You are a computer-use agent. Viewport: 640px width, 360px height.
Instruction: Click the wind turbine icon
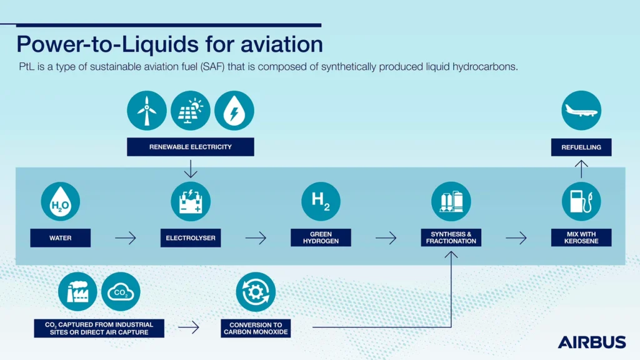click(x=146, y=111)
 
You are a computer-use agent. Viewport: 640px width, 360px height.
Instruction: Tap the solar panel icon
click(x=190, y=111)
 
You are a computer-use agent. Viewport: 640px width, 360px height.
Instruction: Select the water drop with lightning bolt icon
click(x=234, y=111)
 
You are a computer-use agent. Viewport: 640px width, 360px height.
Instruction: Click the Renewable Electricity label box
click(x=190, y=147)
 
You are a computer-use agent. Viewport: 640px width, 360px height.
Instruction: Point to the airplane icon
click(x=581, y=111)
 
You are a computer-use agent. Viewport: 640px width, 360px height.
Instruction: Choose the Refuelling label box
click(x=581, y=147)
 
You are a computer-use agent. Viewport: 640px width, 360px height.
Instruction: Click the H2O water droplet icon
click(x=61, y=202)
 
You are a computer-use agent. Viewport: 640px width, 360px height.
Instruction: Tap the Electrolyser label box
click(x=191, y=238)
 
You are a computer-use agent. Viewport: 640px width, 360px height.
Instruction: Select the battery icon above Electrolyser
click(x=191, y=202)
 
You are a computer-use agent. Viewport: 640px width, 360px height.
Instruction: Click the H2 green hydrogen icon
click(x=321, y=202)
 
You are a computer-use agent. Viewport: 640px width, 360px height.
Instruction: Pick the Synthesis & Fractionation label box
click(x=451, y=237)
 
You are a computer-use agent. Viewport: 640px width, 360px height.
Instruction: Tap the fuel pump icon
click(x=581, y=202)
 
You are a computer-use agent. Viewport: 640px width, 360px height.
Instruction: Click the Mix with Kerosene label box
click(x=581, y=237)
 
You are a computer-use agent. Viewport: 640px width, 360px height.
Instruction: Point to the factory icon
click(x=77, y=292)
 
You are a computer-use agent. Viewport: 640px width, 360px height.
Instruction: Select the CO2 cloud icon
click(x=121, y=292)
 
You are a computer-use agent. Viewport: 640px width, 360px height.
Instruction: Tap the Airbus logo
click(x=592, y=342)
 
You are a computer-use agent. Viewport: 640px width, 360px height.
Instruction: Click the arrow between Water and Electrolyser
click(x=125, y=238)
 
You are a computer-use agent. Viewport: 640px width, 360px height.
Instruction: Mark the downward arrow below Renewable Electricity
click(x=191, y=169)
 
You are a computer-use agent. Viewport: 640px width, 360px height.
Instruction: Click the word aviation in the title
click(x=282, y=44)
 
